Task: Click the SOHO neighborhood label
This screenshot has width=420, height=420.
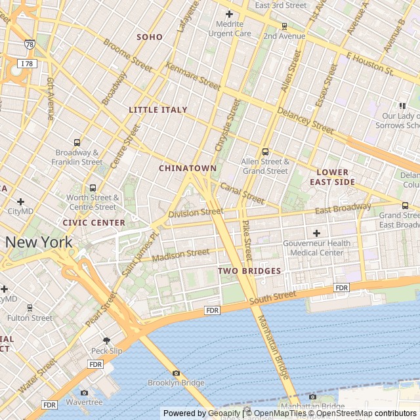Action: point(149,37)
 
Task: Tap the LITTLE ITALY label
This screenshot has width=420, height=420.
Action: point(158,110)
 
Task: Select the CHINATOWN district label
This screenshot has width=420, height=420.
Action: point(187,168)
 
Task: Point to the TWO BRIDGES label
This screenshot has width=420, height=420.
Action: point(249,270)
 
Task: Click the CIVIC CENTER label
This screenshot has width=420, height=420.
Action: point(94,222)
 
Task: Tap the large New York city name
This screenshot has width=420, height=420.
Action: point(39,242)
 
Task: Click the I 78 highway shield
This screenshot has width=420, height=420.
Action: point(28,64)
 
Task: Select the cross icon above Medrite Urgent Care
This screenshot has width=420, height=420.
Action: point(229,14)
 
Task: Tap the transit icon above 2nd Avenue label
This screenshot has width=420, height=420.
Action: point(283,26)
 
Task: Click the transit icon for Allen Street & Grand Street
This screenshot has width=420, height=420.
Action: point(265,152)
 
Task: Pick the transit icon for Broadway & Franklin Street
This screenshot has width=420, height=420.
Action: point(77,142)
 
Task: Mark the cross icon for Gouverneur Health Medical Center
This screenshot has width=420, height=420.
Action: point(316,233)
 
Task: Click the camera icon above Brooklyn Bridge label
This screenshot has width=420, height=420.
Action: point(176,373)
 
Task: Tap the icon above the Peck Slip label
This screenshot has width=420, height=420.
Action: point(107,341)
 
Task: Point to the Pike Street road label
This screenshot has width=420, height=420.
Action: point(247,242)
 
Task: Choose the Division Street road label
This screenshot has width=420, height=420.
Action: point(196,213)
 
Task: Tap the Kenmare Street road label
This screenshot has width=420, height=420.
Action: point(194,77)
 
